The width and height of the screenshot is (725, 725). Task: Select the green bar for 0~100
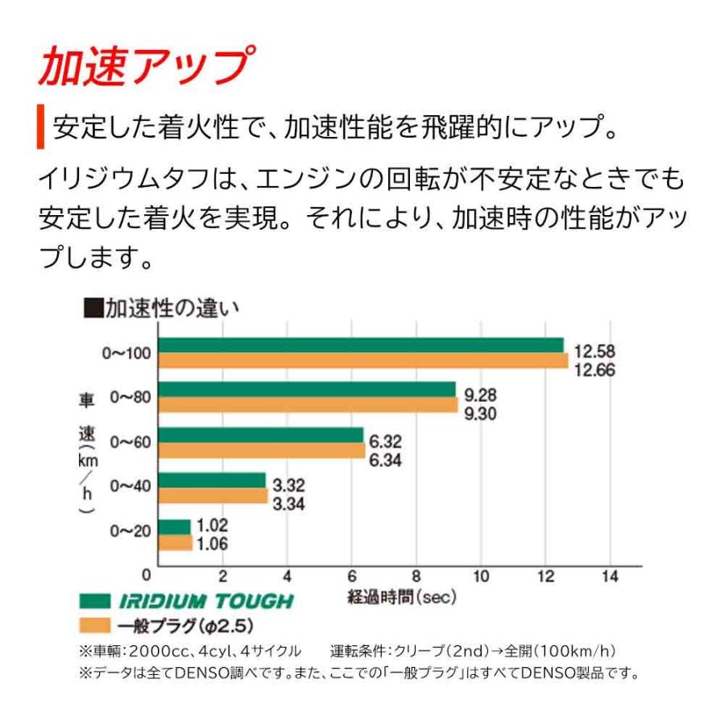360,346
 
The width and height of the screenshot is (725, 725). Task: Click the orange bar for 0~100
362,361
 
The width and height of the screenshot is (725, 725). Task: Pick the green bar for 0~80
306,390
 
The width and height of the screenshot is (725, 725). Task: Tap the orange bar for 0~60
261,450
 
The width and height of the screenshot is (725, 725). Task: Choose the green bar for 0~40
211,480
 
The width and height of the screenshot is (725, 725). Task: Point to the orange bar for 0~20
175,543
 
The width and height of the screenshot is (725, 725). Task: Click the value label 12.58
594,352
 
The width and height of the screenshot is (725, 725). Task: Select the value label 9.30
480,414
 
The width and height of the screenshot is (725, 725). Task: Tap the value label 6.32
385,443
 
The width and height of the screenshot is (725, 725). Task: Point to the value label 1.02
212,526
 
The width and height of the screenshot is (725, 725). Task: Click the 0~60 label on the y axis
130,441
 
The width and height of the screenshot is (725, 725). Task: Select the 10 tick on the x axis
480,576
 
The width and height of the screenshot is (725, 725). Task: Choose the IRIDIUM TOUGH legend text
207,601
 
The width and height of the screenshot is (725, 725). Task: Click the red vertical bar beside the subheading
41,127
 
